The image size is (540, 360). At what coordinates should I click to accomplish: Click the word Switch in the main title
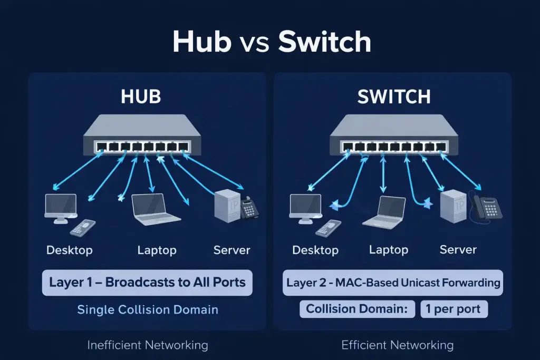[x=325, y=42]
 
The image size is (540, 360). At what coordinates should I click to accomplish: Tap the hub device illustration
[x=142, y=135]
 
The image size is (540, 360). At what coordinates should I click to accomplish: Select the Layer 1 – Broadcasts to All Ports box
[x=147, y=282]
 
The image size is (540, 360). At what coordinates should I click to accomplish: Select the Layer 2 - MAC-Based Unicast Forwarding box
[x=393, y=283]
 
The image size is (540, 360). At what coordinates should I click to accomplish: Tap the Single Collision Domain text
[x=148, y=309]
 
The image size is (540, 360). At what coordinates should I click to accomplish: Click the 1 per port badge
[x=454, y=309]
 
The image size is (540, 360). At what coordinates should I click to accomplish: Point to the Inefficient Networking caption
[x=148, y=345]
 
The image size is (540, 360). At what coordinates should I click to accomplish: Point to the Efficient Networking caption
[x=397, y=345]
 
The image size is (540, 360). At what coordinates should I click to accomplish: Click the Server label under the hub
[x=232, y=250]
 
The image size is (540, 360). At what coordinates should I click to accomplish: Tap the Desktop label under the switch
[x=315, y=250]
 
